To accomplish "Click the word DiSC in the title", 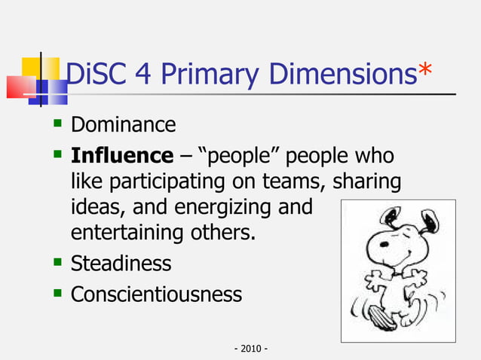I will (93, 75).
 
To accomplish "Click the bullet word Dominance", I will (123, 124).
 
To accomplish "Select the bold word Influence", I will (121, 156).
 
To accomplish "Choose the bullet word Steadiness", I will (121, 264).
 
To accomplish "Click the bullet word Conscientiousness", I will (156, 294).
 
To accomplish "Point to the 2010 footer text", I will (252, 349).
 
